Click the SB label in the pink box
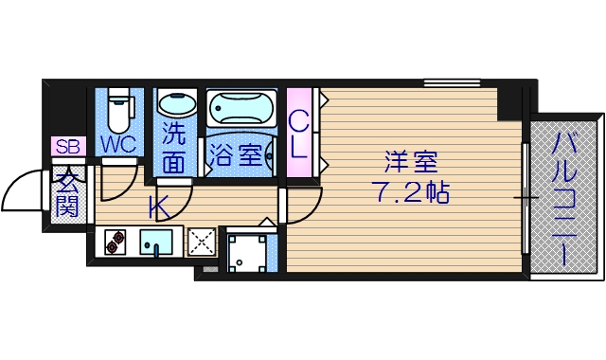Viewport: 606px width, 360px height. pyautogui.click(x=67, y=147)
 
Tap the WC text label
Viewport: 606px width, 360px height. pyautogui.click(x=118, y=145)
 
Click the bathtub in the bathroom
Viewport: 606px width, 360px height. pyautogui.click(x=241, y=111)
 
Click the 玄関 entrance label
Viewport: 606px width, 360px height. pyautogui.click(x=66, y=193)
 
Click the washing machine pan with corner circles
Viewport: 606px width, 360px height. pyautogui.click(x=247, y=251)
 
